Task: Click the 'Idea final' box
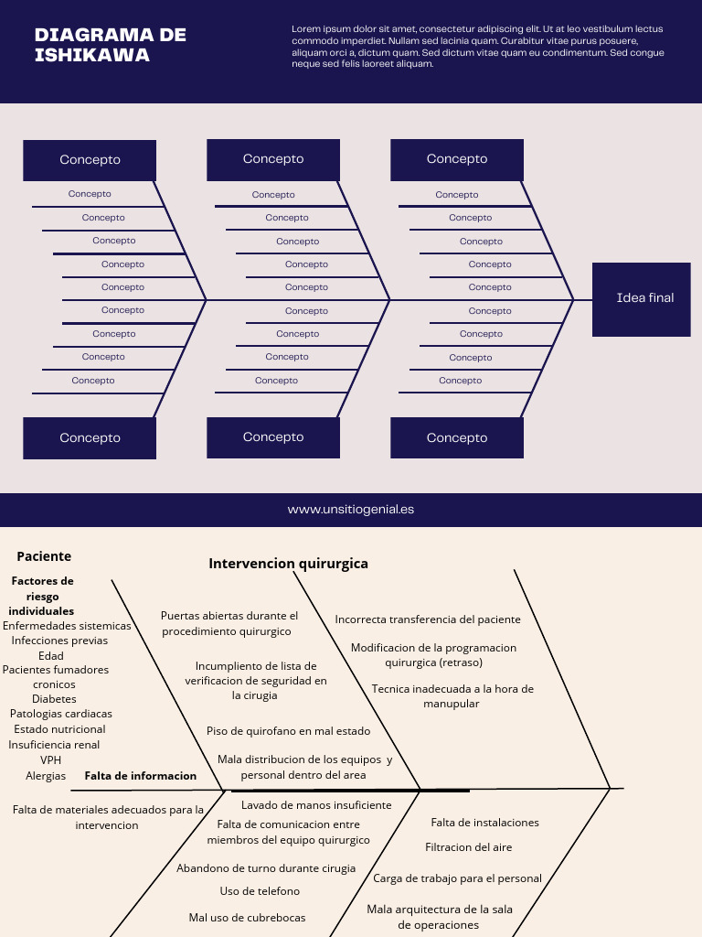pos(642,298)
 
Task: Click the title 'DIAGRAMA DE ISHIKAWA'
pos(110,45)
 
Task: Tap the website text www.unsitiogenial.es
pos(351,509)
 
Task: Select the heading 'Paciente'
pos(44,556)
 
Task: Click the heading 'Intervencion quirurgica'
pos(288,564)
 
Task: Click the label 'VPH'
pos(50,760)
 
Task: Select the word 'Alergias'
pos(46,776)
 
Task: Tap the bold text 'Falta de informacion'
pos(140,776)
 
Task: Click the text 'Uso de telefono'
pos(260,891)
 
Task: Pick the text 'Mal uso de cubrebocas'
pos(247,918)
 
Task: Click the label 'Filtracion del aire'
pos(468,847)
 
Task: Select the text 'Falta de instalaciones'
pos(484,823)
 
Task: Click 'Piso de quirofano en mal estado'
pos(288,731)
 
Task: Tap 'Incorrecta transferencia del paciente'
pos(428,619)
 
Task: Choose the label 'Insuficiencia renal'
pos(54,745)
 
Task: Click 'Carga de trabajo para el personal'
pos(457,878)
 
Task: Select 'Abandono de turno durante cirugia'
pos(266,868)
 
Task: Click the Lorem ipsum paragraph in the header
pos(477,47)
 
